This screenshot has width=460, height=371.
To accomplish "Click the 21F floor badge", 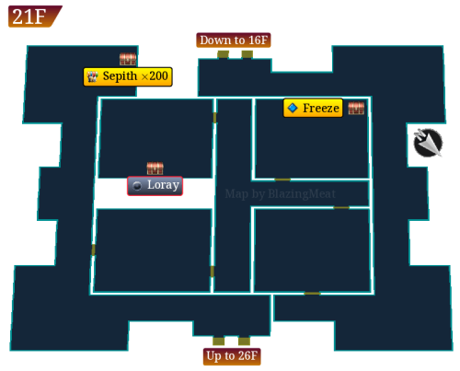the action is coord(35,17).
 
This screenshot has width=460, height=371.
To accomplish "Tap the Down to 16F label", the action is coord(234,41).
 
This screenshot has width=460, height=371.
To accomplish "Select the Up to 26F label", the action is coord(232,356).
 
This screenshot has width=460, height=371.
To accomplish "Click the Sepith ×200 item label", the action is coord(128,76).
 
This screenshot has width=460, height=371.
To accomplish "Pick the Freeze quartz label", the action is coord(313,108).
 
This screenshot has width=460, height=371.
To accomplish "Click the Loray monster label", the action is coord(155,186).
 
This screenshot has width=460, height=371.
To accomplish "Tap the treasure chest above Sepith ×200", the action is coord(128,59).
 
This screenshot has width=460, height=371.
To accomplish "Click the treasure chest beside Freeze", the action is coord(356,108).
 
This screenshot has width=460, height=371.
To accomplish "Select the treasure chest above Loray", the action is coord(155,168).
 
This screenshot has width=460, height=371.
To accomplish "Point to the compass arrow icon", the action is coord(428,143).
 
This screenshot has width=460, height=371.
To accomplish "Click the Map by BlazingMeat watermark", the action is coord(281,193).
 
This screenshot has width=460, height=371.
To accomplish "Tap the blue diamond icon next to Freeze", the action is coord(293,108).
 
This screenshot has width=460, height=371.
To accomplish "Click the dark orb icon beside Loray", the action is coord(137,186).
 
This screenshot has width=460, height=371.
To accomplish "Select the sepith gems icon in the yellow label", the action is coord(92,76).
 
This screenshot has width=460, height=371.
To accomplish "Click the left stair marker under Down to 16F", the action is coord(223,54).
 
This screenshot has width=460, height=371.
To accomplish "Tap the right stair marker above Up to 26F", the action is coord(244,341).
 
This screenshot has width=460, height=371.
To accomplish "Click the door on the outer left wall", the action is coord(93,249).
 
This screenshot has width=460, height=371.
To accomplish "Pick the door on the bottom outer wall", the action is coord(312,294).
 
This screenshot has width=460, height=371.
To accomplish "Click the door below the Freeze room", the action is coord(282,180).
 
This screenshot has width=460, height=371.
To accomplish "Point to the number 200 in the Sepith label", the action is coord(158,75).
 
